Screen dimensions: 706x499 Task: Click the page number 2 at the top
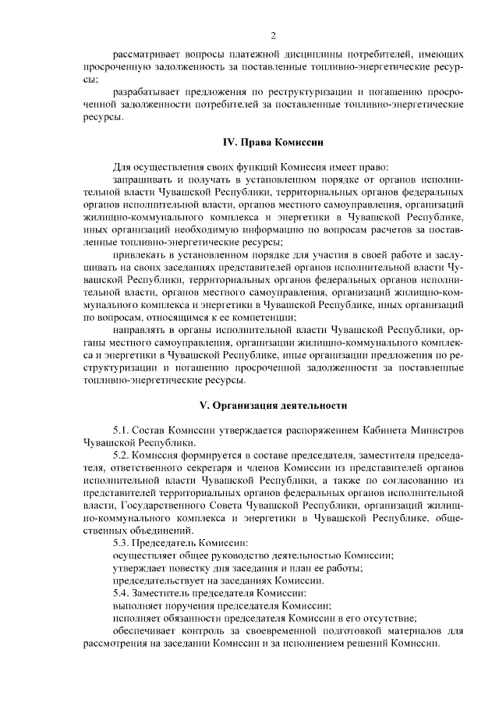pyautogui.click(x=274, y=35)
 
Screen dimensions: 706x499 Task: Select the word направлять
pyautogui.click(x=139, y=330)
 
